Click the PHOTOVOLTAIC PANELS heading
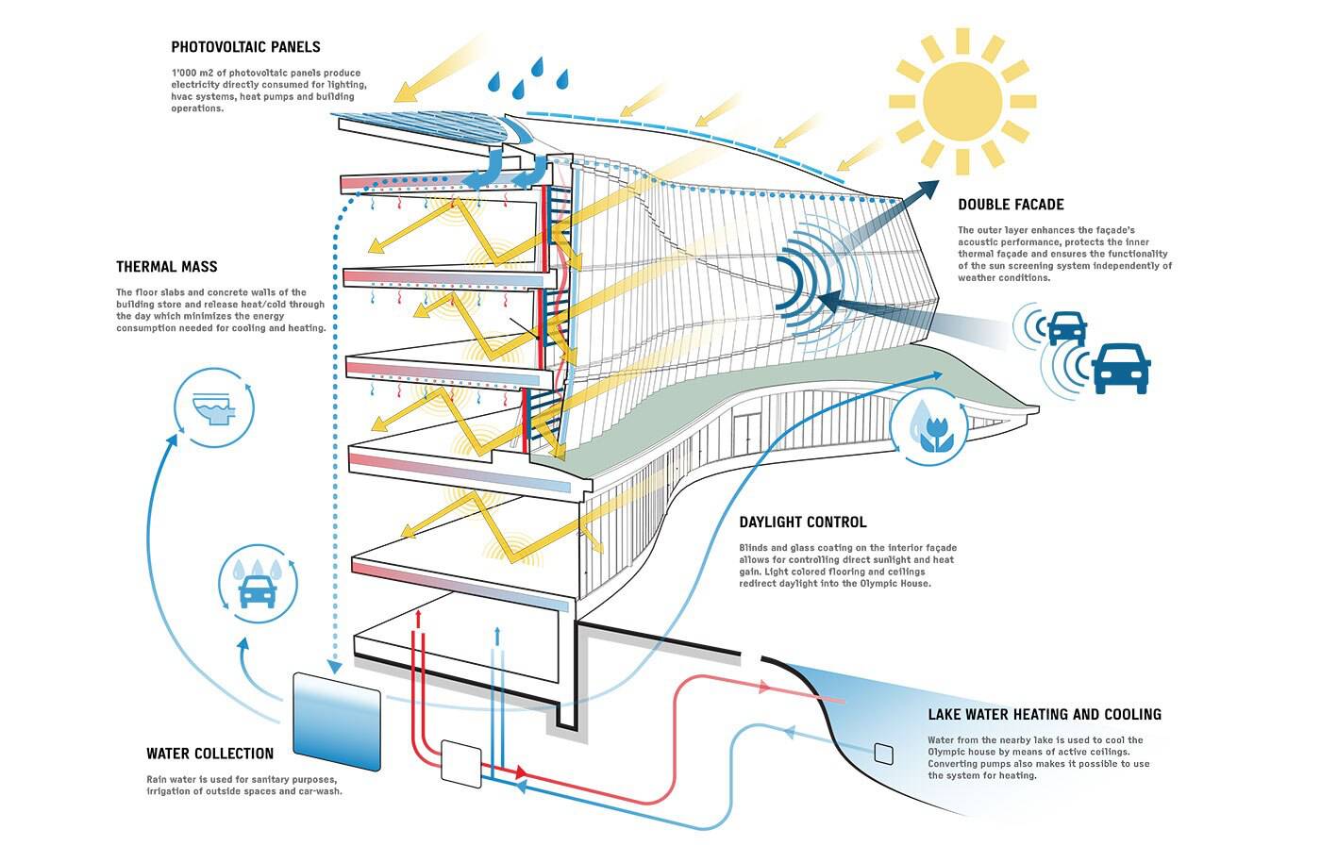click(245, 47)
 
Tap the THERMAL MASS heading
click(167, 267)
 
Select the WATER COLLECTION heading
click(209, 754)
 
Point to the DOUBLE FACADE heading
click(1011, 205)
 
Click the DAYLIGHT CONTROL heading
click(802, 523)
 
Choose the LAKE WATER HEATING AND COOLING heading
click(1044, 715)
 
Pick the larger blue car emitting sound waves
click(1121, 366)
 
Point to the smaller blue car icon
click(1067, 328)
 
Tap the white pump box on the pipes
click(460, 763)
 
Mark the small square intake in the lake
click(883, 753)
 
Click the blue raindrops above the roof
click(528, 77)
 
